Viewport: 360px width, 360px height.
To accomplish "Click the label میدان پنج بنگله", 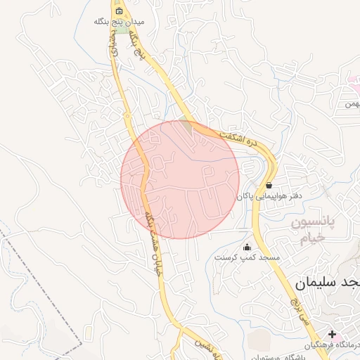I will tap(119, 22).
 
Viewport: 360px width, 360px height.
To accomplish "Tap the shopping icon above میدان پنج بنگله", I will tap(119, 11).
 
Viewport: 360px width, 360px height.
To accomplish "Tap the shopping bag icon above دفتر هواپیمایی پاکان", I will tap(269, 186).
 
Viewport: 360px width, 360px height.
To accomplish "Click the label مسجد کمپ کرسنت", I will tap(247, 257).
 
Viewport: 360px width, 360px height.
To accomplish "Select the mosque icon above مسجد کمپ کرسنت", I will tap(247, 247).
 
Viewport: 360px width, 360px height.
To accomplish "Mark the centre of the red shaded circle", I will tap(181, 179).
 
